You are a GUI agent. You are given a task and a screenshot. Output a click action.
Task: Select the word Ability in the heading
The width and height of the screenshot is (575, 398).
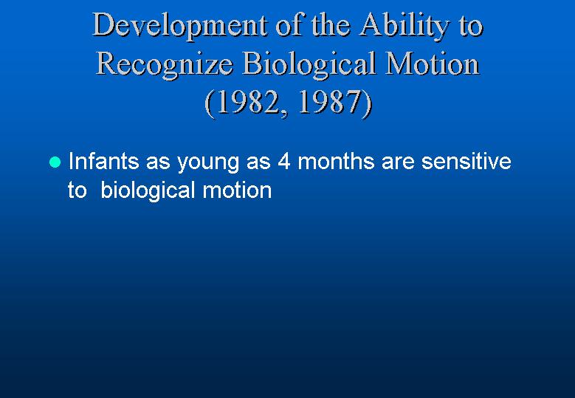404,27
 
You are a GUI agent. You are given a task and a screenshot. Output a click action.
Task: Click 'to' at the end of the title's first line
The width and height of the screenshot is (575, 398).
471,27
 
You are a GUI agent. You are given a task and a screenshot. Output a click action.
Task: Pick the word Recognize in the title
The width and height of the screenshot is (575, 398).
165,65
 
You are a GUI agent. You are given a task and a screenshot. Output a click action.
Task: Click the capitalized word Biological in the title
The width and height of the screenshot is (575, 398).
310,65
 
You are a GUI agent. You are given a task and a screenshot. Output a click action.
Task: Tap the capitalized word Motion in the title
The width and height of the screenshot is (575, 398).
433,64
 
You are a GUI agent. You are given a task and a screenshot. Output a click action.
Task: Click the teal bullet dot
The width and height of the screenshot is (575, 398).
55,162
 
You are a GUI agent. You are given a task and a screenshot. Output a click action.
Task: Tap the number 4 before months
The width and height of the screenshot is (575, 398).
284,162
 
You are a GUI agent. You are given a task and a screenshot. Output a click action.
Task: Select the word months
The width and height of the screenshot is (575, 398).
336,161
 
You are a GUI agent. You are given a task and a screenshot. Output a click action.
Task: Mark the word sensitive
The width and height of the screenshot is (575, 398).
466,162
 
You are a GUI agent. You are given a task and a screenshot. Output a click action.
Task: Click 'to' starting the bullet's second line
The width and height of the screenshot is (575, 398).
77,191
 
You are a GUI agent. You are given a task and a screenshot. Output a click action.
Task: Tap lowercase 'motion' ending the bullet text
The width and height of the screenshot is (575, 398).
237,191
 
